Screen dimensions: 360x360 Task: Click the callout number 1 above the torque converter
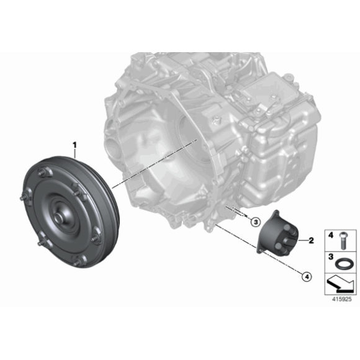tap(75, 146)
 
